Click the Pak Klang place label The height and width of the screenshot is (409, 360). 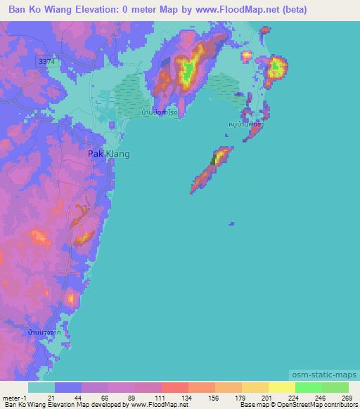[x=108, y=153]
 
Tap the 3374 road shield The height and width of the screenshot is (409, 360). [x=47, y=63]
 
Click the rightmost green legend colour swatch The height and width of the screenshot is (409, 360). [x=335, y=387]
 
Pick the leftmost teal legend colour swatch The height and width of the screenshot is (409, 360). [x=41, y=387]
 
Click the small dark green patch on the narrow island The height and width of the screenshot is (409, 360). [x=214, y=160]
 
